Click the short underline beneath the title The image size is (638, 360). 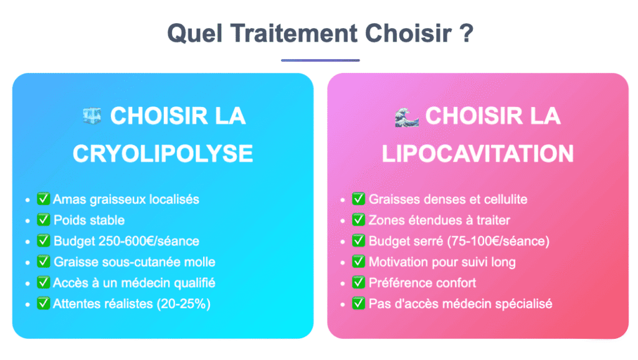coord(320,60)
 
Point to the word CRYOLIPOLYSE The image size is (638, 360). coord(163,153)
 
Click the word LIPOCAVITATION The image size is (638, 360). coord(478,153)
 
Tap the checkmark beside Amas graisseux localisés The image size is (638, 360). coord(44,199)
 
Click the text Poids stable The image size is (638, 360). coord(89,220)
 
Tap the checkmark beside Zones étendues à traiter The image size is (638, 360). coord(359,220)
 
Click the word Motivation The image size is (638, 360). coord(398,262)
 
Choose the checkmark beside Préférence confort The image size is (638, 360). coord(359,283)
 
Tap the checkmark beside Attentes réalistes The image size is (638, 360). coord(44,304)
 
